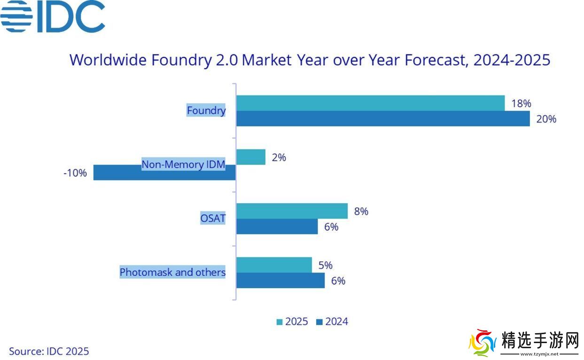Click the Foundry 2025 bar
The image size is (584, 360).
tap(370, 103)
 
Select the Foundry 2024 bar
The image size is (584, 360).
tap(383, 118)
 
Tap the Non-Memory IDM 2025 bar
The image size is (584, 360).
tap(250, 157)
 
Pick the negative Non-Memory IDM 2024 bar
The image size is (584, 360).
tap(164, 172)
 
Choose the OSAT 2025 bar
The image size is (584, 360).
tap(292, 211)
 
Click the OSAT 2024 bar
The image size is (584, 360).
tap(277, 227)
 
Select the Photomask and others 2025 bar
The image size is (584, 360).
tap(274, 265)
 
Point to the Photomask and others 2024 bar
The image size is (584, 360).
tap(280, 281)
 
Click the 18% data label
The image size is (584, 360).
tap(521, 103)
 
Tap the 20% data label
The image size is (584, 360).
tap(546, 119)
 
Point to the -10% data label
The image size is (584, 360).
tap(75, 173)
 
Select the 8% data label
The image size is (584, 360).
tap(361, 211)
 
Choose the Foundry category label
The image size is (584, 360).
tap(206, 110)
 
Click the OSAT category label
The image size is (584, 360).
tap(213, 219)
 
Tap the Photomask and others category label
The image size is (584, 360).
tap(172, 272)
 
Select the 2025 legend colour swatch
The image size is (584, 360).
tap(280, 322)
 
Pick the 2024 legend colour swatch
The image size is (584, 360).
tap(319, 322)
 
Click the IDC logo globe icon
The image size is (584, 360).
tap(16, 16)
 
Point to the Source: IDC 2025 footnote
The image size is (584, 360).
tap(49, 351)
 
